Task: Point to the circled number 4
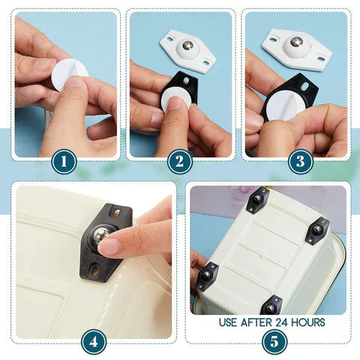(93, 341)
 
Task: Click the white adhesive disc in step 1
(70, 74)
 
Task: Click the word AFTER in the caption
(262, 322)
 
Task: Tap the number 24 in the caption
(289, 322)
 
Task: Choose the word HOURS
(313, 322)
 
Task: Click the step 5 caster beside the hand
(206, 275)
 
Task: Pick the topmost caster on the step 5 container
(257, 199)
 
